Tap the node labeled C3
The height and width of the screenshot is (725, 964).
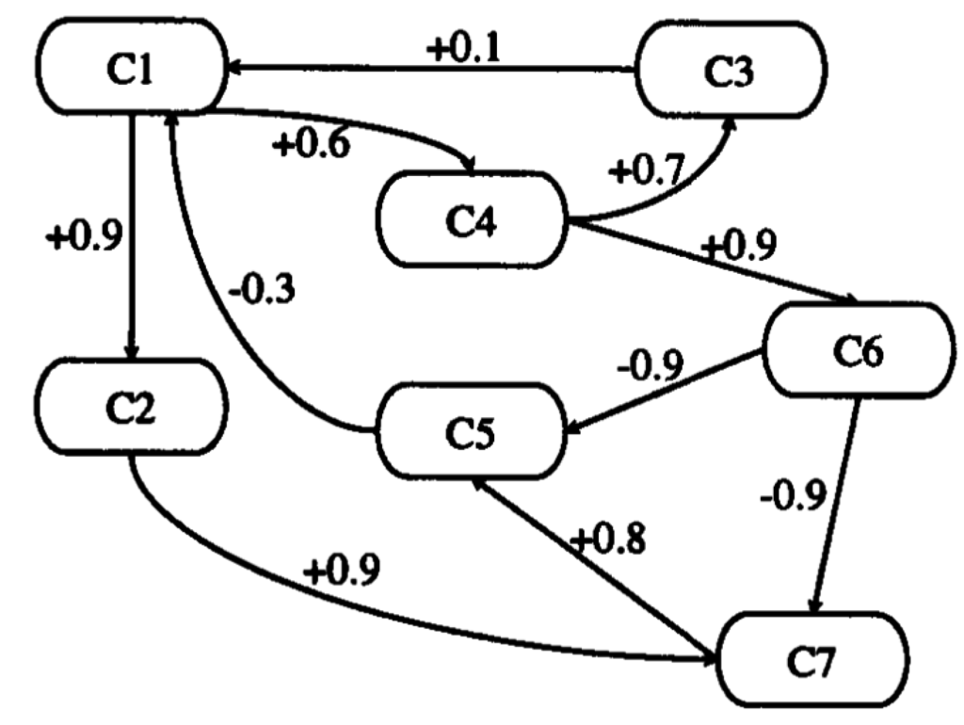coord(731,72)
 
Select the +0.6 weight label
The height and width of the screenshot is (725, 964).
coord(312,147)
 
